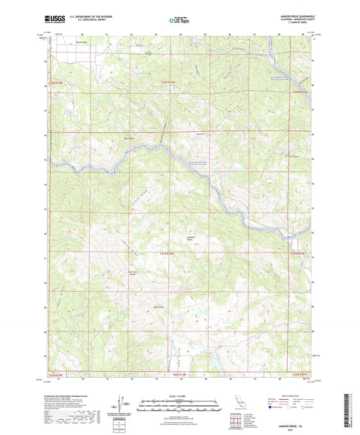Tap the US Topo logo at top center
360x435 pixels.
click(x=179, y=20)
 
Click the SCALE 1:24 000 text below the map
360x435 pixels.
click(x=178, y=396)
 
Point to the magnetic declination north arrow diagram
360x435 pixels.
click(x=121, y=405)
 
